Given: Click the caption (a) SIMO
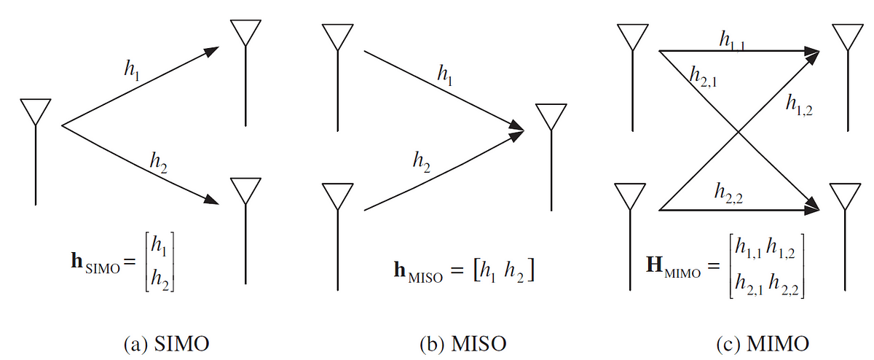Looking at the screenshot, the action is tap(167, 344).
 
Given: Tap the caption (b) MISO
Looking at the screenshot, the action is tap(463, 344).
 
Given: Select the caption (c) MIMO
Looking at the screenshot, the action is tap(763, 344).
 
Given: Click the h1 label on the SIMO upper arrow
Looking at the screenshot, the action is tap(132, 69).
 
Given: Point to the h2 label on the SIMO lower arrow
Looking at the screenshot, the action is tap(159, 163).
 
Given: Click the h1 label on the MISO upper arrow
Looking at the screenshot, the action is tap(445, 74).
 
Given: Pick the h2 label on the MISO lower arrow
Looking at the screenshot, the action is tap(422, 162).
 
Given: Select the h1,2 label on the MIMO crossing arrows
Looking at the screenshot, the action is tap(799, 105).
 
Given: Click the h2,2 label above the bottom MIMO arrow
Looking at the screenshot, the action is tap(729, 193).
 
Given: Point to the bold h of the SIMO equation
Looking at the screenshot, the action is tap(77, 260).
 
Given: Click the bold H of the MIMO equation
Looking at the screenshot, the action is tap(655, 264).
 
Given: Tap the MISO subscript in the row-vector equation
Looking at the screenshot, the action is tap(425, 278).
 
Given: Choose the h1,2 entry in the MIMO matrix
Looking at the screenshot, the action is tap(780, 249).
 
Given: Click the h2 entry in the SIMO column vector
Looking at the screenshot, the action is tap(160, 279).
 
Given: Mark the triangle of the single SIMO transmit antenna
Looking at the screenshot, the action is tap(36, 112).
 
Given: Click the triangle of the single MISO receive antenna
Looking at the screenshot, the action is tap(551, 117).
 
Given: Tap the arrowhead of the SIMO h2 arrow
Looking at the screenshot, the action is tap(211, 199).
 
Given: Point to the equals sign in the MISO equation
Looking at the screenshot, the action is tap(457, 270).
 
